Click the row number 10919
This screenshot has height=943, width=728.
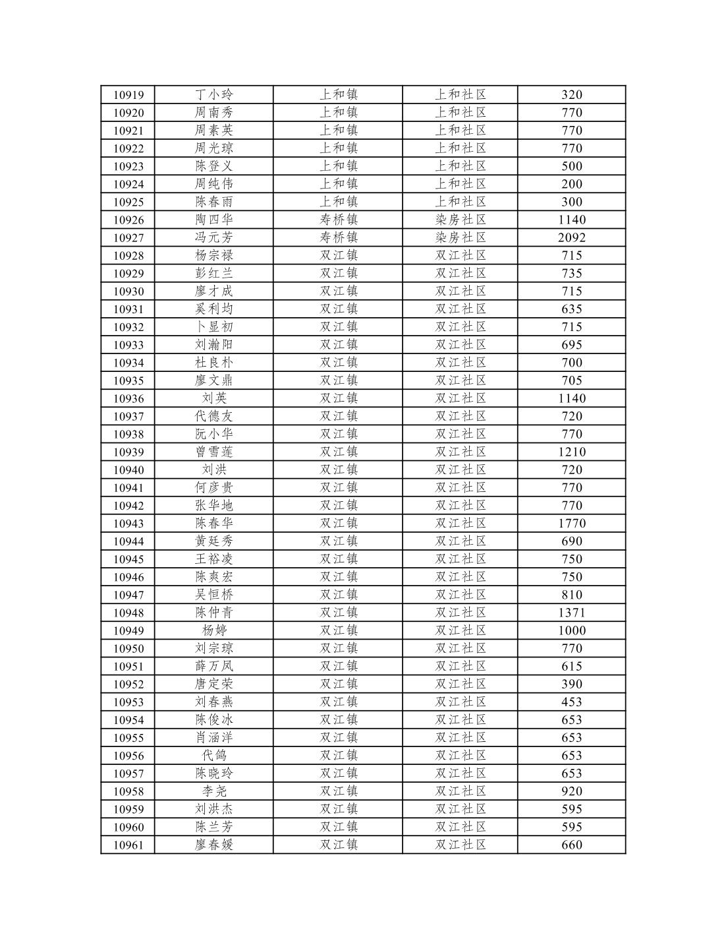[128, 95]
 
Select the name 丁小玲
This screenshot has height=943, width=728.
[214, 95]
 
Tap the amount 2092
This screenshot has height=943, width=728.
[571, 238]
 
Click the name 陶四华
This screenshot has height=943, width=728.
[214, 220]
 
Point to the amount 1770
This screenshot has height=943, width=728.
[571, 524]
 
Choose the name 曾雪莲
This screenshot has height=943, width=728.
[214, 452]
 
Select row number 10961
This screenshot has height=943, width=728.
[128, 845]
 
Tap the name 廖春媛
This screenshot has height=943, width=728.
[214, 845]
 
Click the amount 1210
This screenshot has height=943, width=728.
[571, 452]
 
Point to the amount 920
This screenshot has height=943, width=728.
[571, 791]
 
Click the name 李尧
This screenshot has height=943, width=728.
[214, 791]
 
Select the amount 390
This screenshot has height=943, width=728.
[571, 684]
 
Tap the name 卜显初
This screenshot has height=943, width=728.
[214, 327]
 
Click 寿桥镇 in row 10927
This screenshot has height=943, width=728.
[339, 238]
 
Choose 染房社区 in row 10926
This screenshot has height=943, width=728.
[461, 220]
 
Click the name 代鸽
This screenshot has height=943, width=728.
[214, 756]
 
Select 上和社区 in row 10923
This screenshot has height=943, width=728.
[461, 166]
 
